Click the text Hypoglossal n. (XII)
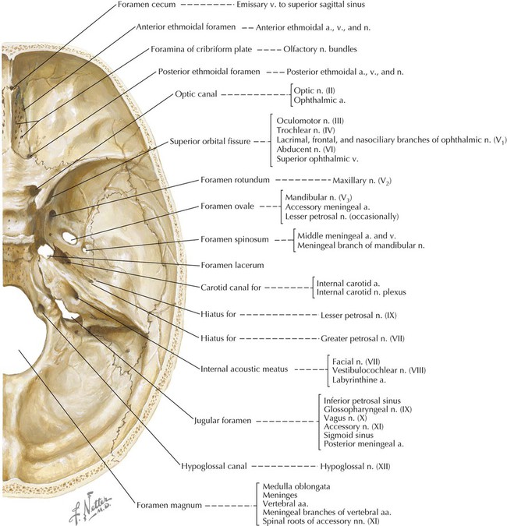coord(356,466)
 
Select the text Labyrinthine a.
coord(360,381)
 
